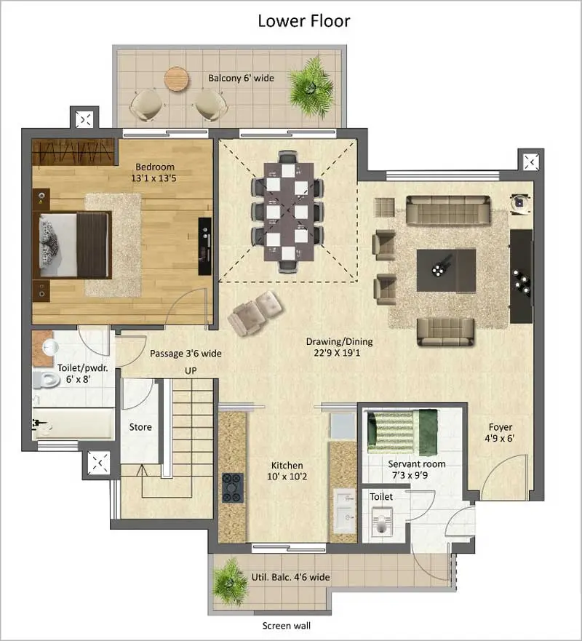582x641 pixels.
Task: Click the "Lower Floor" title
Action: tap(304, 20)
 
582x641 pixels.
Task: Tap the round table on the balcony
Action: tap(177, 79)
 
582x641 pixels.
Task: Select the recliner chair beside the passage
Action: tap(252, 312)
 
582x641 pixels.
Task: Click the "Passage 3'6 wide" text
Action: tap(186, 354)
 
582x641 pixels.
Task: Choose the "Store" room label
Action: tap(140, 427)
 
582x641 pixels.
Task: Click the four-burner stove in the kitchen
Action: tap(233, 487)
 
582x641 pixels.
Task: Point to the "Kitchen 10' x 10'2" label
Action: tap(287, 471)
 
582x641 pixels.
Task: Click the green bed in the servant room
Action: tap(402, 429)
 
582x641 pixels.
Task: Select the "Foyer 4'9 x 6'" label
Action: tap(500, 433)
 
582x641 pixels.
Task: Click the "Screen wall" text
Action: tap(286, 625)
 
